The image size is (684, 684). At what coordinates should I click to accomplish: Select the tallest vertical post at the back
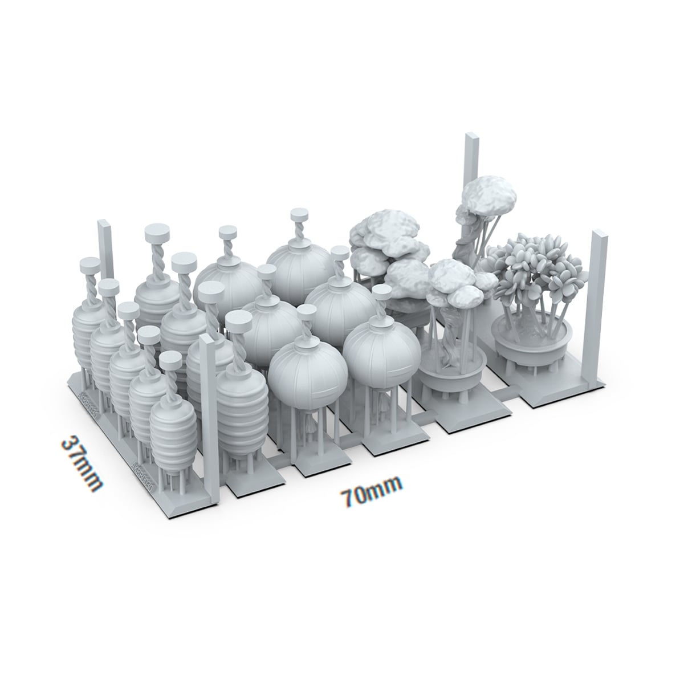pos(473,171)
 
